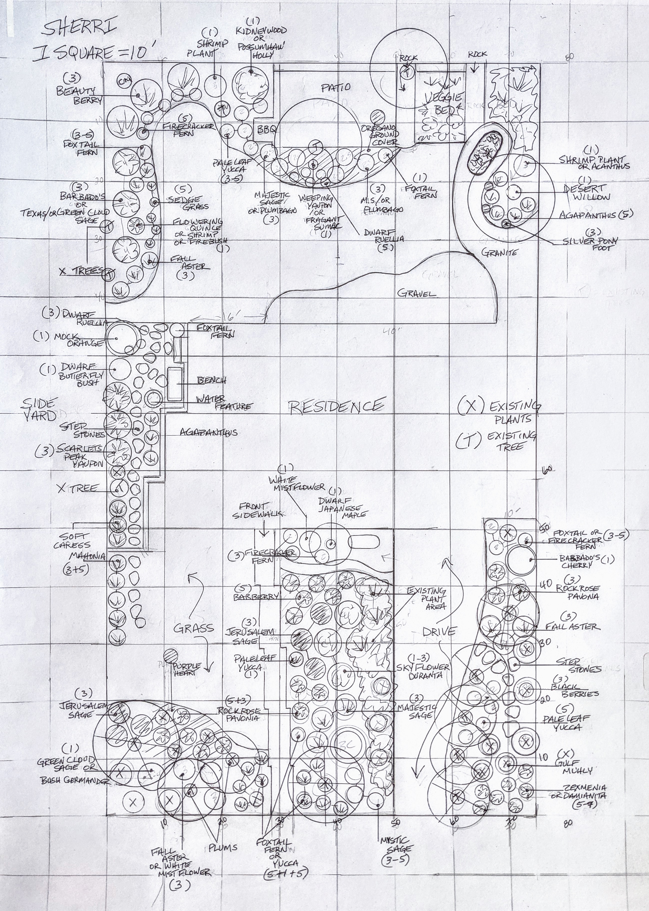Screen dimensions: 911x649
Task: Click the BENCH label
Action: pos(212,380)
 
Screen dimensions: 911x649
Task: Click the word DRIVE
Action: pos(439,631)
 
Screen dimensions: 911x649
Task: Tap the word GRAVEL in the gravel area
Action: pos(416,293)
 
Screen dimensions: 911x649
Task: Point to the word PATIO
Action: pos(336,88)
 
